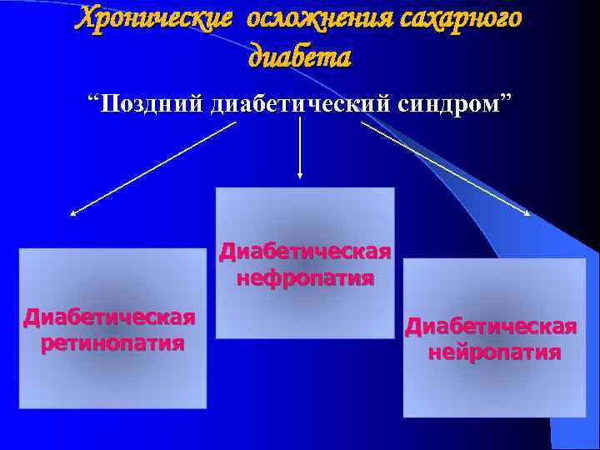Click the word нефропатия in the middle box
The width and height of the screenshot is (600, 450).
coord(305,277)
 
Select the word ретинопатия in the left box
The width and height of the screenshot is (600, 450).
coord(112,343)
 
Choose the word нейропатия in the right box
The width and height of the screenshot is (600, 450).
coord(494,352)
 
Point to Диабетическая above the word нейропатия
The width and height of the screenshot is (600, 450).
coord(491,326)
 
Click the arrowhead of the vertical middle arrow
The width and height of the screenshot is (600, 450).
coord(300,175)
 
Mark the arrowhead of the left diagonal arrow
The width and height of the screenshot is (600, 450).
coord(72,214)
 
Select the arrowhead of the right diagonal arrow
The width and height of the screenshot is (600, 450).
coord(527,213)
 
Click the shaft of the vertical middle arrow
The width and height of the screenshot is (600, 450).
coord(300,146)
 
